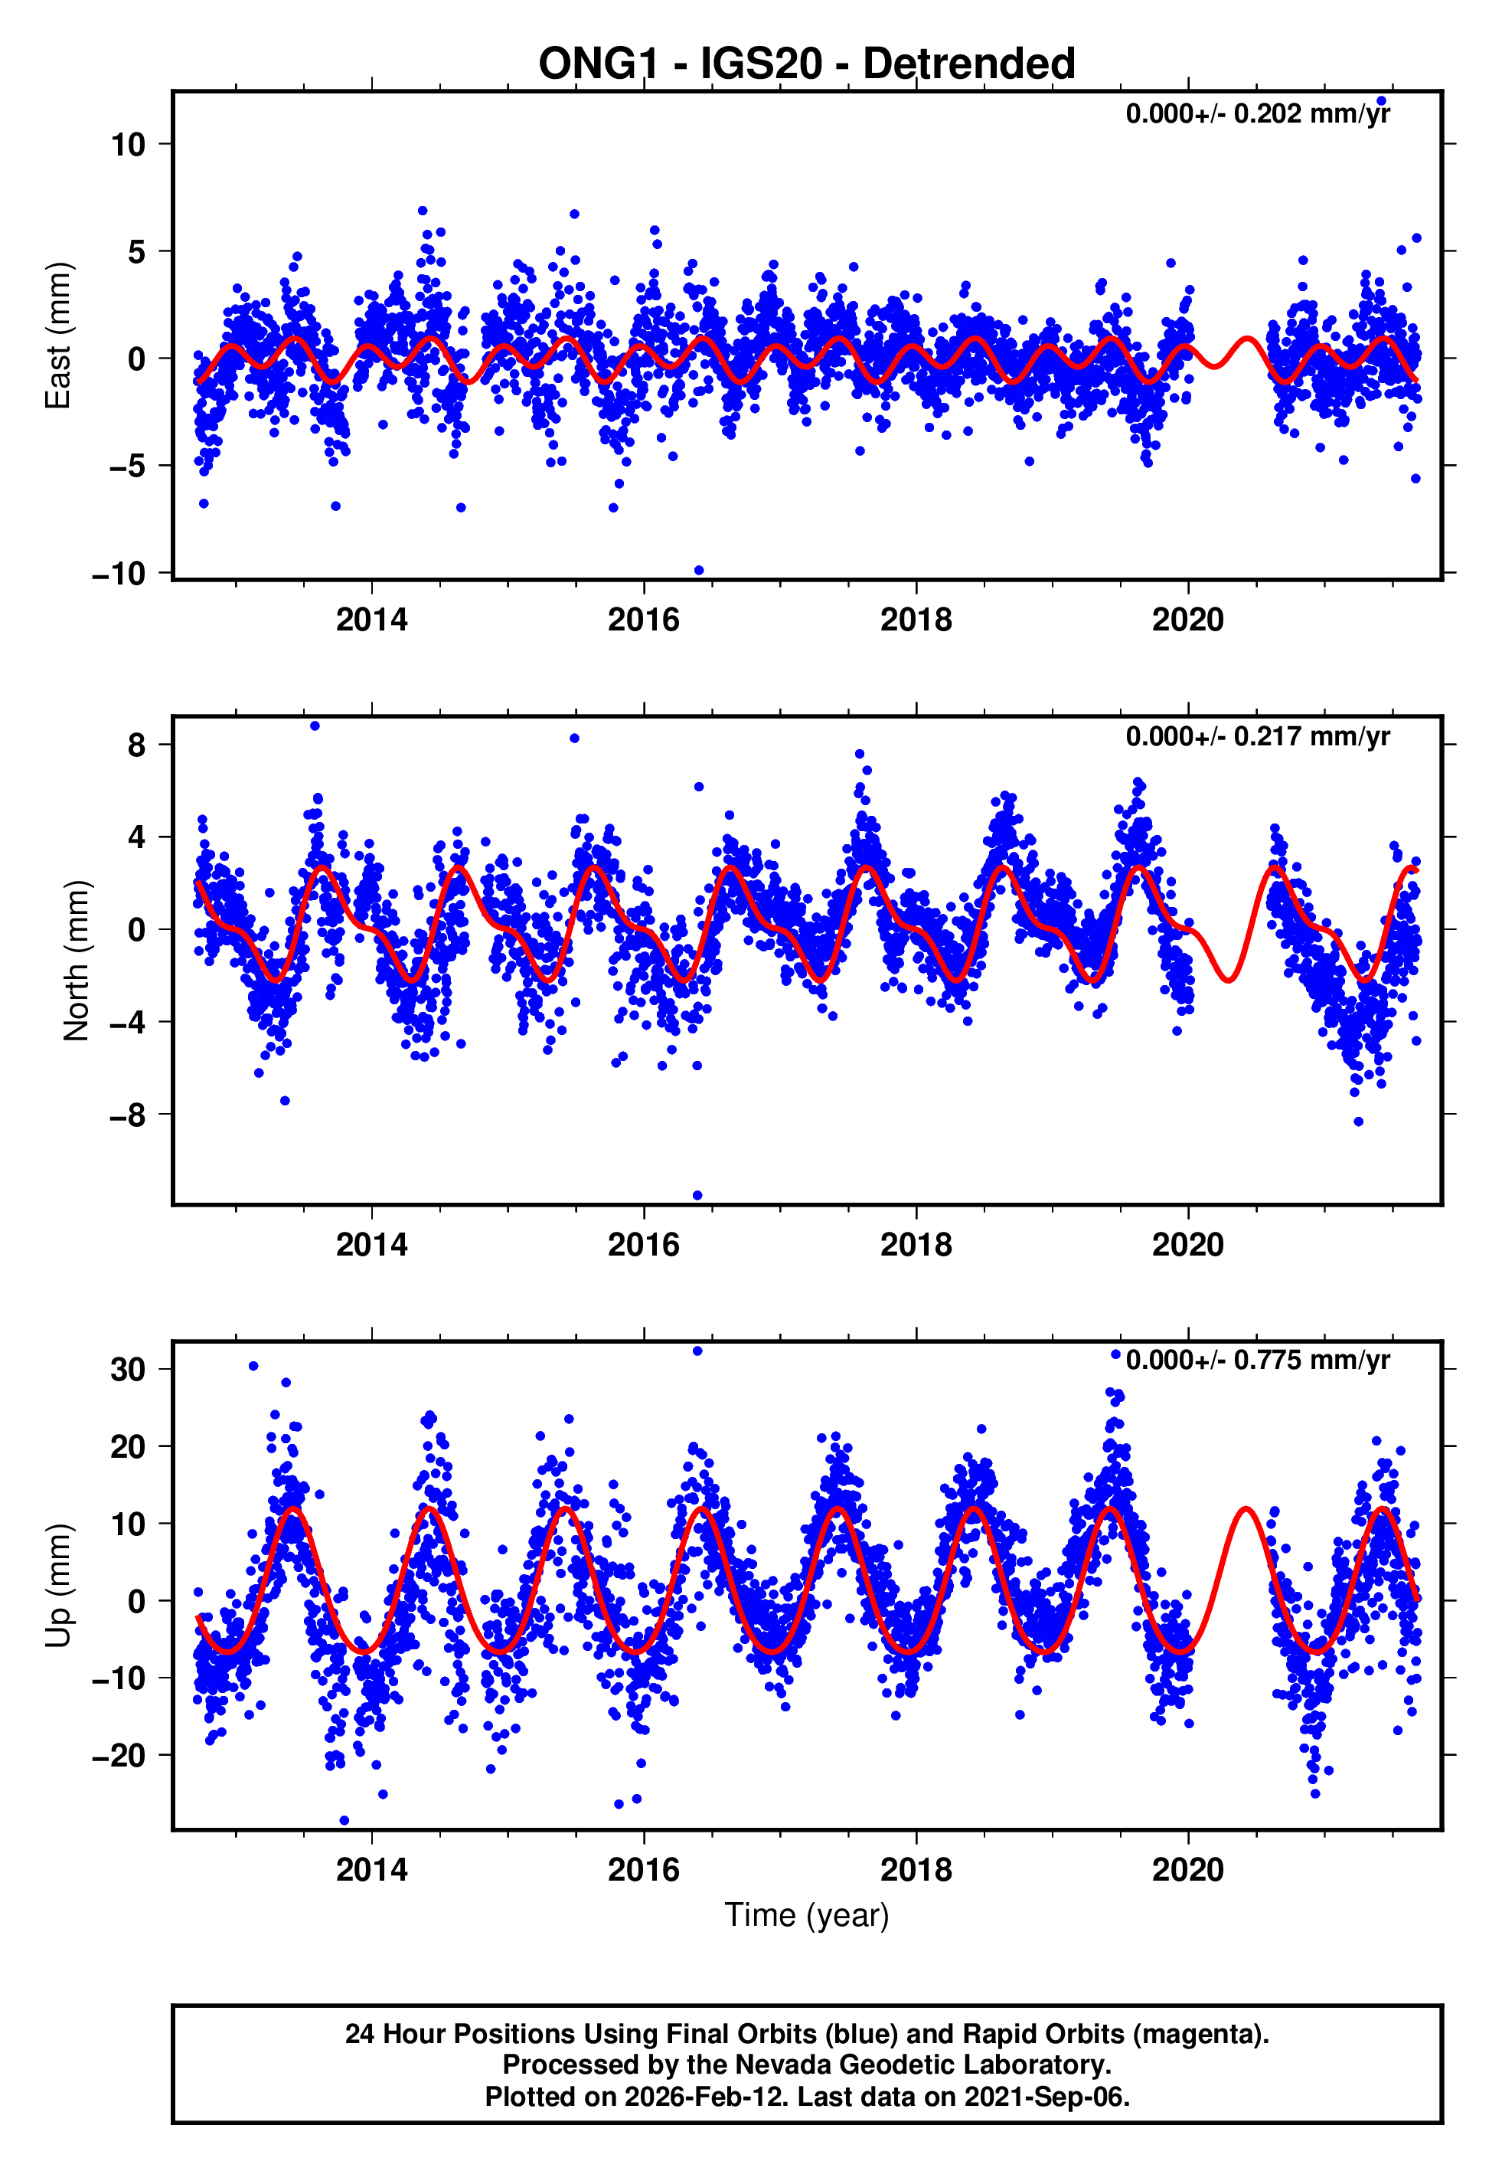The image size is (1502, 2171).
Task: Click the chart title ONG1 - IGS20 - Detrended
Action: point(807,64)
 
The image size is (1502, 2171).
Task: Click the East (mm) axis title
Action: point(58,336)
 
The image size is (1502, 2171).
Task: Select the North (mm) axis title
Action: point(75,961)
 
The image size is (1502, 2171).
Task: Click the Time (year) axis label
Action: point(807,1915)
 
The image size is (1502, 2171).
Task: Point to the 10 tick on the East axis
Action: point(128,144)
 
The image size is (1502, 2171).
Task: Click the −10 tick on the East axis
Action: point(119,573)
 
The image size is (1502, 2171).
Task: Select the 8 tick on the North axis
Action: point(137,745)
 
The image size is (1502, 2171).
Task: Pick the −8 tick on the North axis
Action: point(128,1115)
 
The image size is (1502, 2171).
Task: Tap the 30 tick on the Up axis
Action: point(128,1370)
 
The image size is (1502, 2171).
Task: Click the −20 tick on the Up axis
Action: point(119,1755)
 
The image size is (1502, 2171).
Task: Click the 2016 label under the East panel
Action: point(644,620)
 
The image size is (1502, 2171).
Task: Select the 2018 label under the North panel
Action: point(916,1245)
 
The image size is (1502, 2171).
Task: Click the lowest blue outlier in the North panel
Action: point(697,1196)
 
